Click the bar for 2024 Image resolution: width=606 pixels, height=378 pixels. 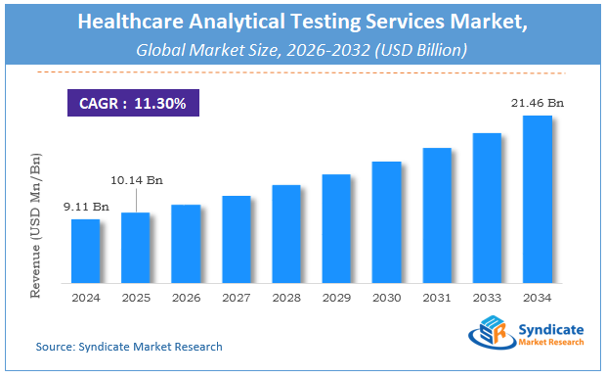point(86,250)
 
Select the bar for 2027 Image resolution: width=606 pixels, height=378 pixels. point(237,238)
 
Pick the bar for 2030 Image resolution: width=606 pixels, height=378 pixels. point(387,221)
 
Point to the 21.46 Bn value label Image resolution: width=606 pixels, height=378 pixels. point(539,103)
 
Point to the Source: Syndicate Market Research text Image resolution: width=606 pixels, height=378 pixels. point(129,347)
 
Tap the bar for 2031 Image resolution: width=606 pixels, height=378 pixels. point(437,214)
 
